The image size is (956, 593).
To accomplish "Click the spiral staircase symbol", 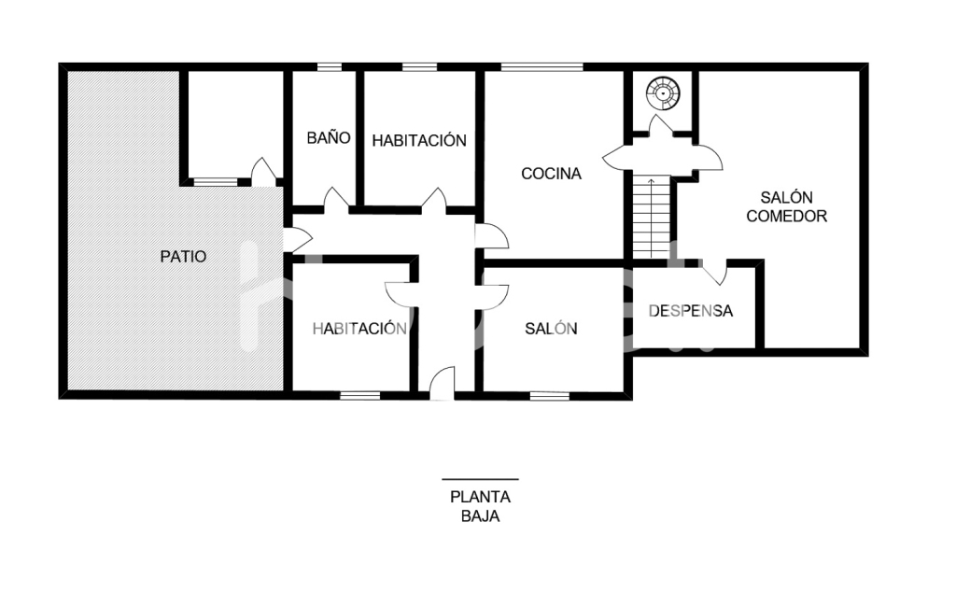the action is point(663,93).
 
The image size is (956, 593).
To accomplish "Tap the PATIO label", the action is point(183,256).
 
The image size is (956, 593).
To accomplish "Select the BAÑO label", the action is point(329,137).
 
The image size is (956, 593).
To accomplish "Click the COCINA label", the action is point(551,174).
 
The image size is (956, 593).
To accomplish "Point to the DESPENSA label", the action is point(690,311).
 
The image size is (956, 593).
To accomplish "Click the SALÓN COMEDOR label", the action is point(786,206).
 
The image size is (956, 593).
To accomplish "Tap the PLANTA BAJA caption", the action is point(481,506).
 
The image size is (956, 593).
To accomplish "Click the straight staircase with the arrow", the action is point(651,217).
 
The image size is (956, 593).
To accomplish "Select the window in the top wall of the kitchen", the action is point(541,67).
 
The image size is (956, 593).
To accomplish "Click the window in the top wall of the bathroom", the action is point(330,67).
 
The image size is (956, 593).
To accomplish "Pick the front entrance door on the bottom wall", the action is point(442,383).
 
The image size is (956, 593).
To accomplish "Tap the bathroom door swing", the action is point(336,200).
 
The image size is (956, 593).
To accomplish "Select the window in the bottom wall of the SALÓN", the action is point(549,396).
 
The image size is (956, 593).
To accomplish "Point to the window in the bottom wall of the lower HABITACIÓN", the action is point(359,396).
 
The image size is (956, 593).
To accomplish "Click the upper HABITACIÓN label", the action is point(419,141).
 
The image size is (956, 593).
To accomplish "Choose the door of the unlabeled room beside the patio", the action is point(264,172).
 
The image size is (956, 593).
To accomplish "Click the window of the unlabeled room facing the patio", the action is point(216,182).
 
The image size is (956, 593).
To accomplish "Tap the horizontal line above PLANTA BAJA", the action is point(481,479).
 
